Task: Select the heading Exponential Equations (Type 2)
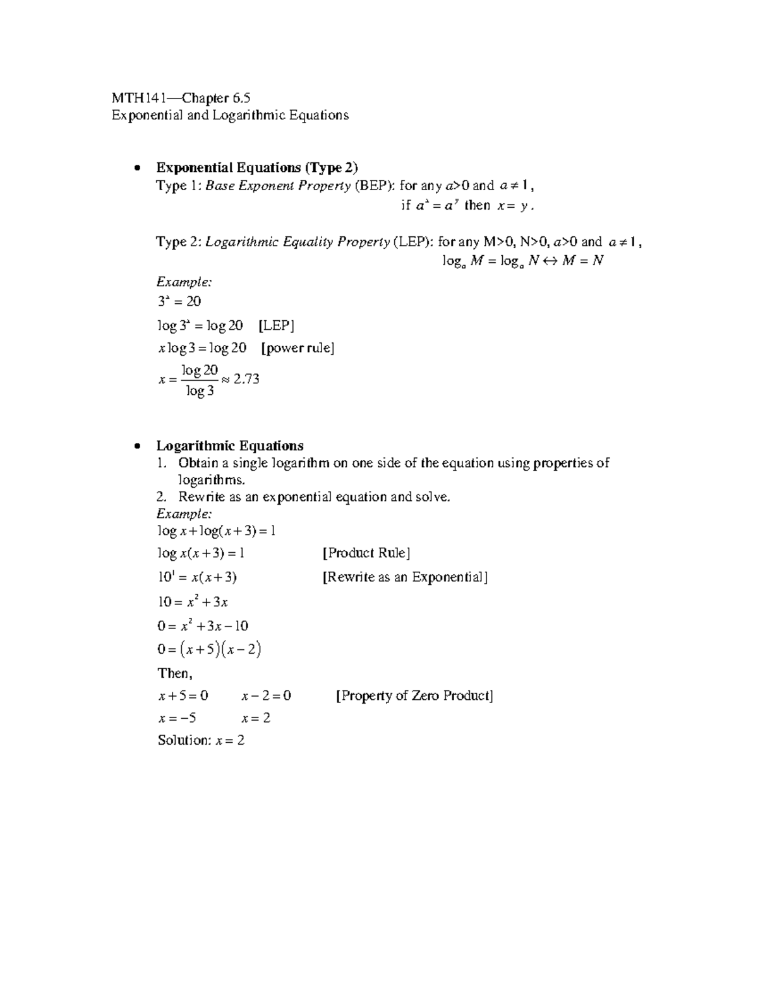click(x=256, y=167)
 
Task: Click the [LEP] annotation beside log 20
click(x=277, y=326)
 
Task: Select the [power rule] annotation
click(x=298, y=349)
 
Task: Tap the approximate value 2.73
click(x=246, y=379)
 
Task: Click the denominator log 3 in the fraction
click(x=200, y=392)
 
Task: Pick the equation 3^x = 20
click(x=179, y=302)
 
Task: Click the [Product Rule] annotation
click(x=366, y=553)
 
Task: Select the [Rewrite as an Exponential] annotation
click(x=405, y=577)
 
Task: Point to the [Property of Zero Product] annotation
click(x=414, y=696)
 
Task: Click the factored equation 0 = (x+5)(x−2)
click(x=209, y=649)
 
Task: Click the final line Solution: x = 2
click(x=201, y=740)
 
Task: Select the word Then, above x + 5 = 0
click(x=174, y=673)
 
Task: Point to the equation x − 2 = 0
click(x=266, y=696)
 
